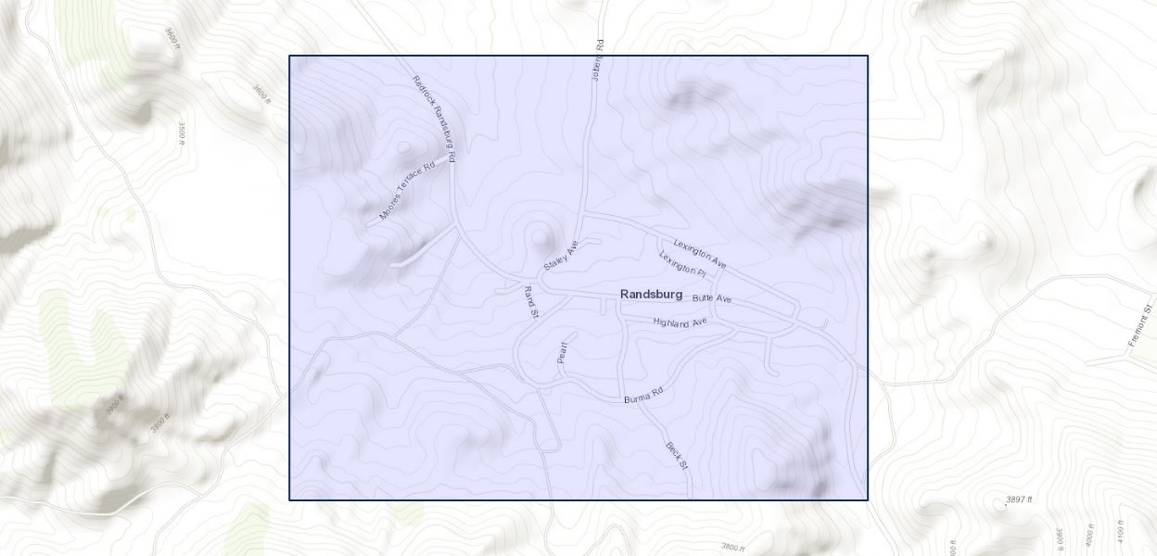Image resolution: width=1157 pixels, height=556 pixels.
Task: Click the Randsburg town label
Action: click(651, 294)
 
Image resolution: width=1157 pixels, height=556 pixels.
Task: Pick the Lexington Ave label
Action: click(700, 255)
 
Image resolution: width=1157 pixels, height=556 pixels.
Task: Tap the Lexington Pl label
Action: click(683, 264)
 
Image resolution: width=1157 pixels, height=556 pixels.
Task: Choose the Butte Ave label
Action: click(712, 298)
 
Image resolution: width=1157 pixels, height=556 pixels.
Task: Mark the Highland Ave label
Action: click(680, 322)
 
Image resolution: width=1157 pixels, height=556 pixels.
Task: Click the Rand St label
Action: click(531, 302)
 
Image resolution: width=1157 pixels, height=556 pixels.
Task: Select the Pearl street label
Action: click(562, 352)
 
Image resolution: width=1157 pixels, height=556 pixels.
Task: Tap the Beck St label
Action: click(677, 455)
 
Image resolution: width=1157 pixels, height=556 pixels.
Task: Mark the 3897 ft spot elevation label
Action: click(1019, 499)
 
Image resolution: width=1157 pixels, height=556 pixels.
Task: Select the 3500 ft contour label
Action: click(182, 134)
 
